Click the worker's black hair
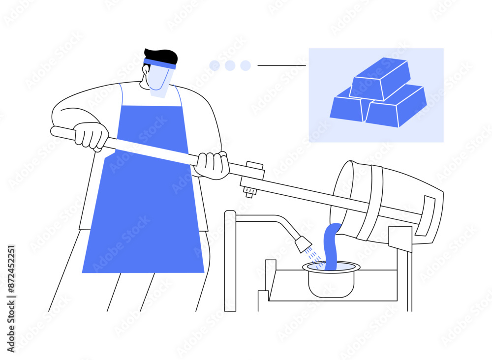(161, 56)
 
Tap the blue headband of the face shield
(160, 63)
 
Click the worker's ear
(146, 70)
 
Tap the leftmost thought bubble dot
(215, 65)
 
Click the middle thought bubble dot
(230, 65)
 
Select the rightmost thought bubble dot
(246, 65)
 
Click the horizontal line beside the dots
(281, 65)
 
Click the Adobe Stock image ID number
(11, 270)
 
